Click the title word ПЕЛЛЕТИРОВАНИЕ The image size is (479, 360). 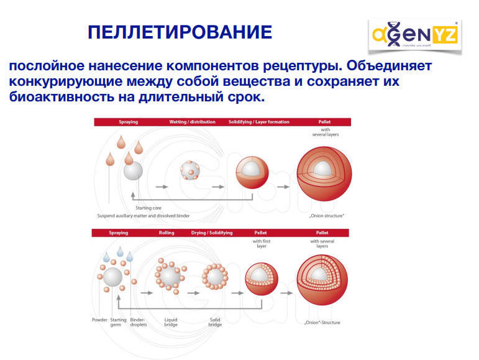point(180,32)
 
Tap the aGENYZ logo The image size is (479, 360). point(415,35)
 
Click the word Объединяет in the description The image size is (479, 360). point(389,65)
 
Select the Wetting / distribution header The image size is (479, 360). point(192,122)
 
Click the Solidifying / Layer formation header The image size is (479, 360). point(258,122)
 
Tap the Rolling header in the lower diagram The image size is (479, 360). point(167,233)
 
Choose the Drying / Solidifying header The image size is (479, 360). point(212,233)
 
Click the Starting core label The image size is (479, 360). point(148,208)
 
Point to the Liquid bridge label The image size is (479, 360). point(171,322)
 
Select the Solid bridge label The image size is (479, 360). point(215,322)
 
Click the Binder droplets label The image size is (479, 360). point(139,322)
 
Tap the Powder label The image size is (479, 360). point(99,320)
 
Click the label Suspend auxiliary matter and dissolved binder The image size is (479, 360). point(144,216)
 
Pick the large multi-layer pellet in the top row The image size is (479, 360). point(324,173)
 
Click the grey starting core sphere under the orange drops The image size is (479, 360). point(133,170)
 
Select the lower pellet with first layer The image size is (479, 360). point(262,279)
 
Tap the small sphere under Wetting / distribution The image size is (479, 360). point(190,170)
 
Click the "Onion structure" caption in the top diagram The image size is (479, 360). point(326,216)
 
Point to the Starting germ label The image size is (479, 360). point(118,322)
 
